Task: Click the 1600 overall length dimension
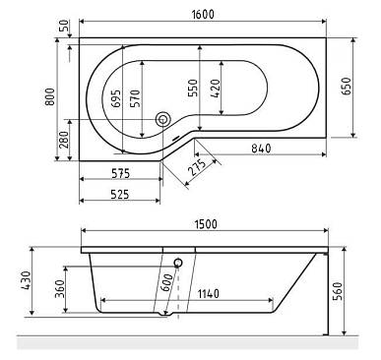tap(203, 15)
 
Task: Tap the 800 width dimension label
tap(50, 96)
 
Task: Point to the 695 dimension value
tap(116, 98)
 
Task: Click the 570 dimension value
tap(135, 98)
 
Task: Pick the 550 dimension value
tap(193, 88)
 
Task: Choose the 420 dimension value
tap(216, 89)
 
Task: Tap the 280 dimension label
tap(64, 140)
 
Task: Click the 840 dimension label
tap(261, 149)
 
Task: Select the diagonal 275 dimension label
tap(197, 167)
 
